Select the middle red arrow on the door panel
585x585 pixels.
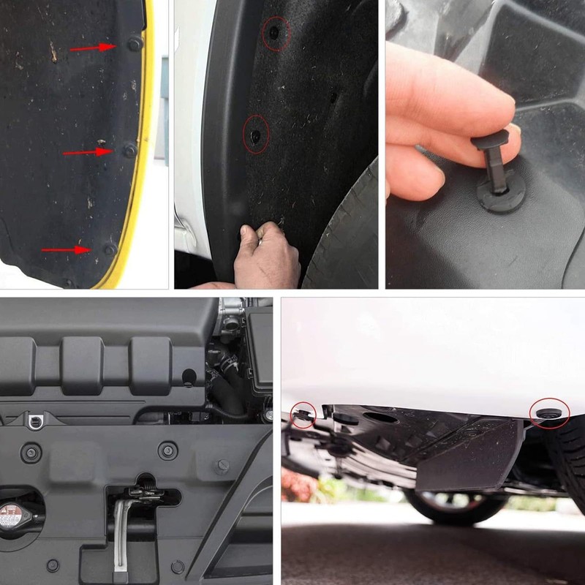pyautogui.click(x=86, y=152)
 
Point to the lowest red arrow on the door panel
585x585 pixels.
pyautogui.click(x=65, y=250)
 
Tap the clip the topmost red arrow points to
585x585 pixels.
pyautogui.click(x=134, y=44)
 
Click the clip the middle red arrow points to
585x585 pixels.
pyautogui.click(x=129, y=150)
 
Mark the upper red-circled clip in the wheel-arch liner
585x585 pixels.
pyautogui.click(x=275, y=33)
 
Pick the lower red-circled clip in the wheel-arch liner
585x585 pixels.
pyautogui.click(x=255, y=135)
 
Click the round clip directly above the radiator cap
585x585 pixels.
pyautogui.click(x=31, y=452)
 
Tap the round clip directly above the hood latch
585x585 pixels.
pyautogui.click(x=168, y=450)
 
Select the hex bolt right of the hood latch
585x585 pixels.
pyautogui.click(x=222, y=466)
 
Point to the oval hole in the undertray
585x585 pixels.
pyautogui.click(x=381, y=418)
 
